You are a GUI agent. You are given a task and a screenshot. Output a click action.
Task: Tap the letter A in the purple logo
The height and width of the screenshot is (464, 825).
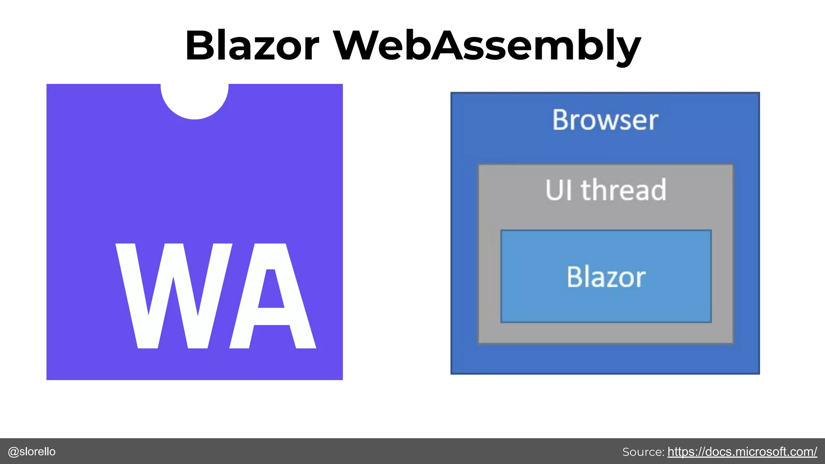pyautogui.click(x=272, y=296)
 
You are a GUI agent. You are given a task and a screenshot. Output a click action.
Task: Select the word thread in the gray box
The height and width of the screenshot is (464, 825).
pyautogui.click(x=624, y=190)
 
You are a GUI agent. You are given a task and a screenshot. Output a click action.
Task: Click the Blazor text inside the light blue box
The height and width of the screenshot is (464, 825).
pyautogui.click(x=606, y=277)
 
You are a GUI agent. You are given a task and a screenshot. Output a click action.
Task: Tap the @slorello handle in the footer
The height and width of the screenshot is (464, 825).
pyautogui.click(x=32, y=452)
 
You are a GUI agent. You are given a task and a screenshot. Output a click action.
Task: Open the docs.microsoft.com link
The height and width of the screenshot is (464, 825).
pyautogui.click(x=742, y=452)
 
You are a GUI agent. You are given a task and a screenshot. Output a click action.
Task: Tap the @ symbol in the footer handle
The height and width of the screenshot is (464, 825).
pyautogui.click(x=13, y=452)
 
